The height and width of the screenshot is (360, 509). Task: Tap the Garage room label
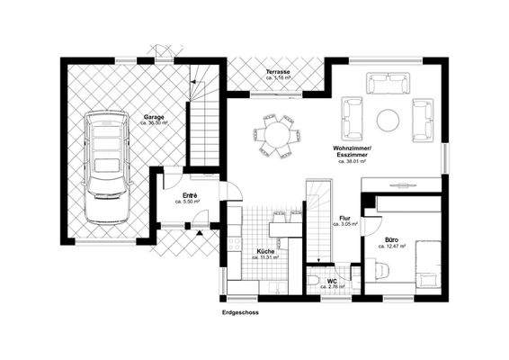pyautogui.click(x=152, y=117)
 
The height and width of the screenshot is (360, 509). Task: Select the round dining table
pyautogui.click(x=275, y=135)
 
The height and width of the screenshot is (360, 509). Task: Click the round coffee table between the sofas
pyautogui.click(x=388, y=118)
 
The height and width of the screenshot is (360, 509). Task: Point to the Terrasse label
pyautogui.click(x=276, y=71)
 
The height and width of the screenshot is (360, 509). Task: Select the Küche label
pyautogui.click(x=265, y=250)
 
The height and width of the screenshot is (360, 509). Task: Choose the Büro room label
pyautogui.click(x=392, y=240)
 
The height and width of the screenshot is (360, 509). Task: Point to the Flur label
pyautogui.click(x=344, y=219)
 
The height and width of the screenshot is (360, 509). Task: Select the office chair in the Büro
pyautogui.click(x=381, y=268)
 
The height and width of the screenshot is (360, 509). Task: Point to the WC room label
pyautogui.click(x=331, y=281)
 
